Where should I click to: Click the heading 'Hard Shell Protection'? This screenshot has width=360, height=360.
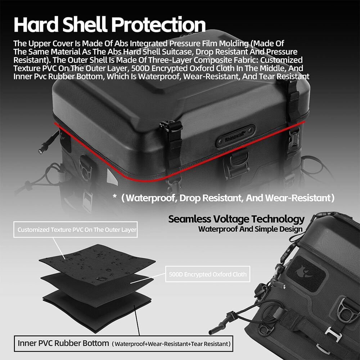coord(109,24)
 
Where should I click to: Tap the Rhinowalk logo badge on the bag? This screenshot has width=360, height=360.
coord(235,136)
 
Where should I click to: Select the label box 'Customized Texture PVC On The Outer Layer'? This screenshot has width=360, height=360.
coord(76,229)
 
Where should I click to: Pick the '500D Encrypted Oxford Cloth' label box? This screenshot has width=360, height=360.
coord(208,274)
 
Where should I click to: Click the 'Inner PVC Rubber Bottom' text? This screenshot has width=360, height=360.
coord(63,343)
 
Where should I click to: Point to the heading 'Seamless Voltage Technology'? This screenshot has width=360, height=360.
coord(236,219)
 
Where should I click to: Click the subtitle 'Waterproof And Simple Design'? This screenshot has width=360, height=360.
coord(250,229)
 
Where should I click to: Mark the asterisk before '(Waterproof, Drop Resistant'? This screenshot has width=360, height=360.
coord(114,196)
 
